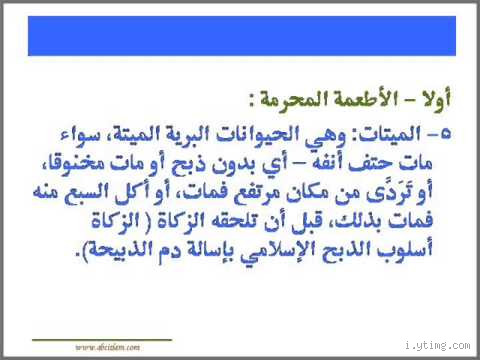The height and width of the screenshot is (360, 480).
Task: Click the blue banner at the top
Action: coord(240,34)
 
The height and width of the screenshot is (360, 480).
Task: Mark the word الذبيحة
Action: coord(125,240)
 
